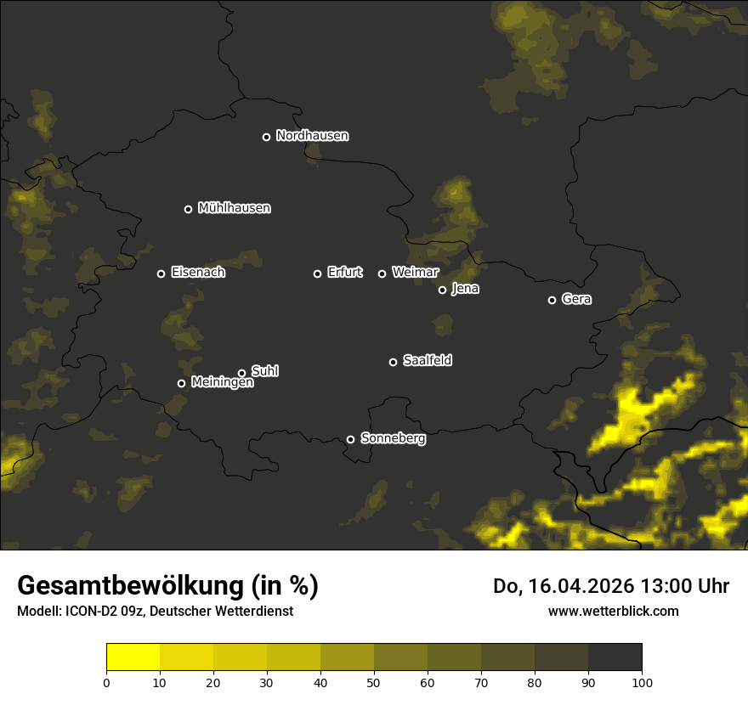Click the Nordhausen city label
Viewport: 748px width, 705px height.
pyautogui.click(x=312, y=136)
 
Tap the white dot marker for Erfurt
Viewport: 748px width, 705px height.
pyautogui.click(x=318, y=274)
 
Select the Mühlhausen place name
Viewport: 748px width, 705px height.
pyautogui.click(x=234, y=208)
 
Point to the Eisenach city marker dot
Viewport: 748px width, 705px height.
pyautogui.click(x=161, y=274)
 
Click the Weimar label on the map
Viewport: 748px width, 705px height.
pyautogui.click(x=415, y=273)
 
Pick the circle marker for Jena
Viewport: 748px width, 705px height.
pyautogui.click(x=442, y=290)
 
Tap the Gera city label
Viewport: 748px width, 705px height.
pyautogui.click(x=576, y=299)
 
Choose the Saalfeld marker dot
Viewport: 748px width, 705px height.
pyautogui.click(x=393, y=362)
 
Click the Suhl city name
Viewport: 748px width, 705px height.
pyautogui.click(x=265, y=371)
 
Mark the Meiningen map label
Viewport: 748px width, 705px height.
pyautogui.click(x=222, y=383)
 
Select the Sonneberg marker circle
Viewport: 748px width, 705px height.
pyautogui.click(x=350, y=439)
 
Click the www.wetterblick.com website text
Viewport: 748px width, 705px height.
pyautogui.click(x=613, y=611)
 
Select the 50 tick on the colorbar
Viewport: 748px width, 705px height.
pyautogui.click(x=374, y=682)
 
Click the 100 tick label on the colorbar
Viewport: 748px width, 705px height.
pyautogui.click(x=642, y=682)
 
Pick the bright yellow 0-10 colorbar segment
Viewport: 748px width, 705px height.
pyautogui.click(x=133, y=657)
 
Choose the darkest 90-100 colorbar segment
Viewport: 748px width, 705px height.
pyautogui.click(x=615, y=657)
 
